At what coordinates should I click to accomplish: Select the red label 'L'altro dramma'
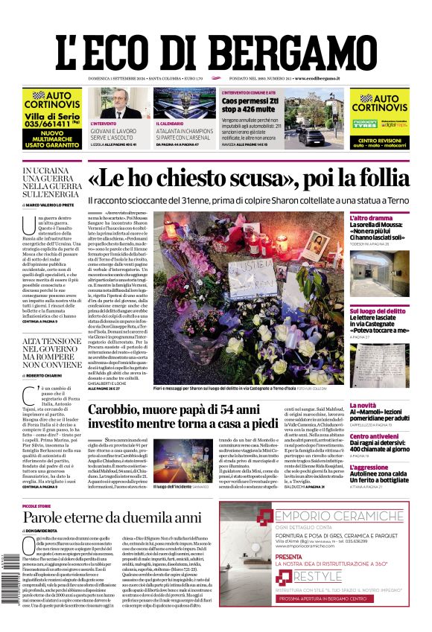[370, 218]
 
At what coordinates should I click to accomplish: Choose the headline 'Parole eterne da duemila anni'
[112, 518]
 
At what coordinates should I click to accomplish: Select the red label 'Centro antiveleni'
[379, 436]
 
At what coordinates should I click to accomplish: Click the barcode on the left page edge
[9, 572]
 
